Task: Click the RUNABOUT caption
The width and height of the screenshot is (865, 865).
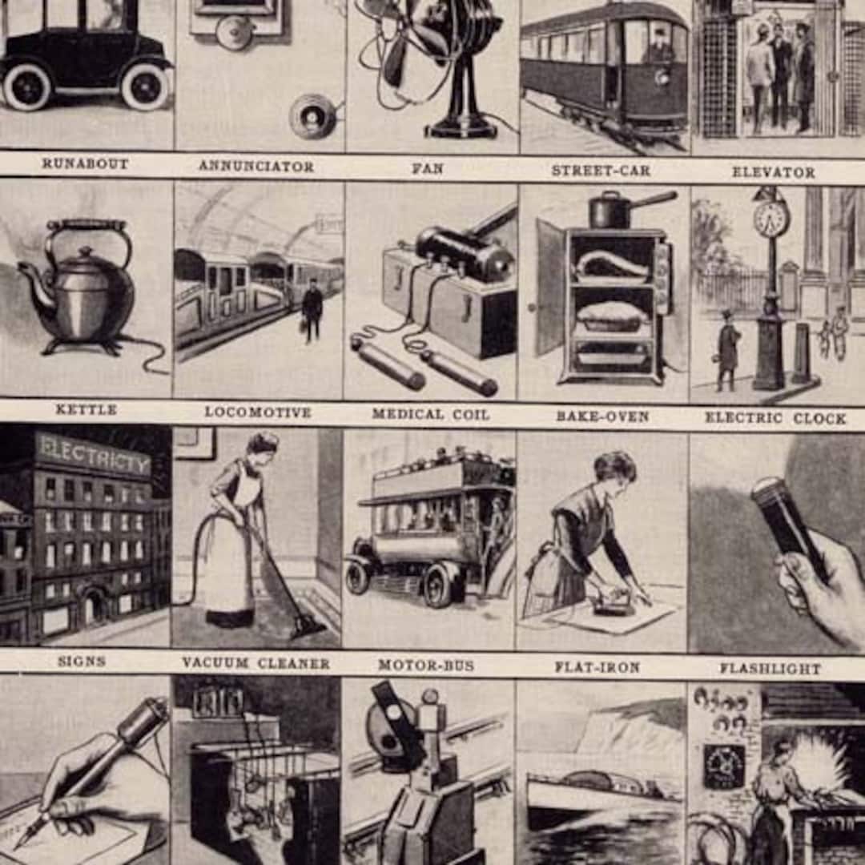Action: [x=85, y=163]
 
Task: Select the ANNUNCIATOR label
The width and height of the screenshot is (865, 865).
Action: [x=256, y=167]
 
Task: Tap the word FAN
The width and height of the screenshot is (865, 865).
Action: [x=428, y=169]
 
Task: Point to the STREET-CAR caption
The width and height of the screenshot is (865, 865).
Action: [x=601, y=171]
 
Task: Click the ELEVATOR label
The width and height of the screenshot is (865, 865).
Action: [x=773, y=172]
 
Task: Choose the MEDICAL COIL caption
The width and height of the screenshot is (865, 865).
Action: [x=430, y=414]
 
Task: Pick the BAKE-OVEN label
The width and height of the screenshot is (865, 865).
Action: [x=602, y=416]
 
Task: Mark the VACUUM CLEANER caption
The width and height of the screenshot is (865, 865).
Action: [x=255, y=663]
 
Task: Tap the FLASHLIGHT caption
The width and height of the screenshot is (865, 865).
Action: [x=770, y=668]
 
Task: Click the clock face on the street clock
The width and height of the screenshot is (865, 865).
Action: [x=771, y=217]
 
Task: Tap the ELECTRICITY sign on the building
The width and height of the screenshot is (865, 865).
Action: [x=92, y=457]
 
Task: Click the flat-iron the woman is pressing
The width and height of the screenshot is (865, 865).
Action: [x=612, y=606]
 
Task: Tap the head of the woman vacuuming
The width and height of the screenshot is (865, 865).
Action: [x=262, y=445]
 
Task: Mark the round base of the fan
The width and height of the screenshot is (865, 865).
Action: [x=461, y=128]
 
